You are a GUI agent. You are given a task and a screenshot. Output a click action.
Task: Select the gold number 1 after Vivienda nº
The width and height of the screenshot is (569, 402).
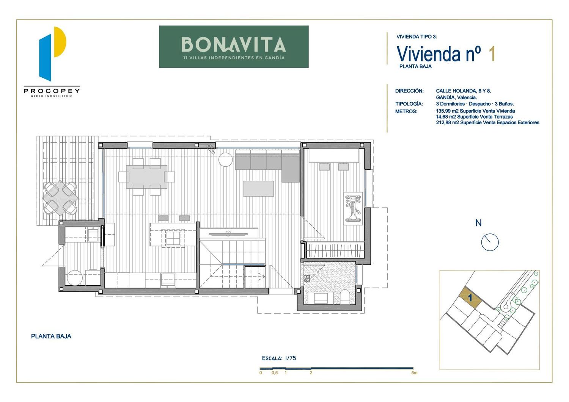point(492,54)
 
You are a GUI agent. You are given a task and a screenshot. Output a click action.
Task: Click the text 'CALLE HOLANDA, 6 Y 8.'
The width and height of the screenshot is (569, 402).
point(463,91)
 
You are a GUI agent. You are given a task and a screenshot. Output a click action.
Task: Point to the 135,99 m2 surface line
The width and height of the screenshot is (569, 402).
point(475,111)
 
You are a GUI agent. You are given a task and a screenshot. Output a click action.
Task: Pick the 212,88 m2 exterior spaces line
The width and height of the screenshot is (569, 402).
point(487,123)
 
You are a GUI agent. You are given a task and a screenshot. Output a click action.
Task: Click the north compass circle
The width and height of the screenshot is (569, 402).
point(490,242)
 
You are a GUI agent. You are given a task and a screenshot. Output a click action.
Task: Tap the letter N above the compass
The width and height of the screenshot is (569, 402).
point(478,223)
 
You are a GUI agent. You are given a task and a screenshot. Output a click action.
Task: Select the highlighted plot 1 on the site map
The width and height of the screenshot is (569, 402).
point(470,298)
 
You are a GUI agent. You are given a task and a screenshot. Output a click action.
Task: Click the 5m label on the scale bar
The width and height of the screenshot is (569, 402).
point(414,373)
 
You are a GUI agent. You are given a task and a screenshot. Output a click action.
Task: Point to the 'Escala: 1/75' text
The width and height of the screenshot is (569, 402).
point(279,358)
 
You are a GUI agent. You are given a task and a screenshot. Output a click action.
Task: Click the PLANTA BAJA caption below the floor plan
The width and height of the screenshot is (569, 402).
point(51,336)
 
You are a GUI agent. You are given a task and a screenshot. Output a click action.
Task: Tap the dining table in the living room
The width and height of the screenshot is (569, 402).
point(146,177)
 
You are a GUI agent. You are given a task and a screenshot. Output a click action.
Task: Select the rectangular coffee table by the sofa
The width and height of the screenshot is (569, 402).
point(258,189)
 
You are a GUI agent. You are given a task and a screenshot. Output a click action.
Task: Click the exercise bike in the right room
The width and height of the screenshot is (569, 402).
point(353,209)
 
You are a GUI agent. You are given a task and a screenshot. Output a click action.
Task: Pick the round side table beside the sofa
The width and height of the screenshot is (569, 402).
point(226,160)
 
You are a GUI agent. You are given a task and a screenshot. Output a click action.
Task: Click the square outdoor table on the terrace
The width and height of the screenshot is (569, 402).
point(60,198)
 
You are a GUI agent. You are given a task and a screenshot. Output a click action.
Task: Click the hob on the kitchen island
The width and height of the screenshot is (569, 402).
point(173,238)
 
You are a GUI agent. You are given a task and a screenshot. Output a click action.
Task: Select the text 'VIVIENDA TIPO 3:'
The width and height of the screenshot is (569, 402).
point(417,37)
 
